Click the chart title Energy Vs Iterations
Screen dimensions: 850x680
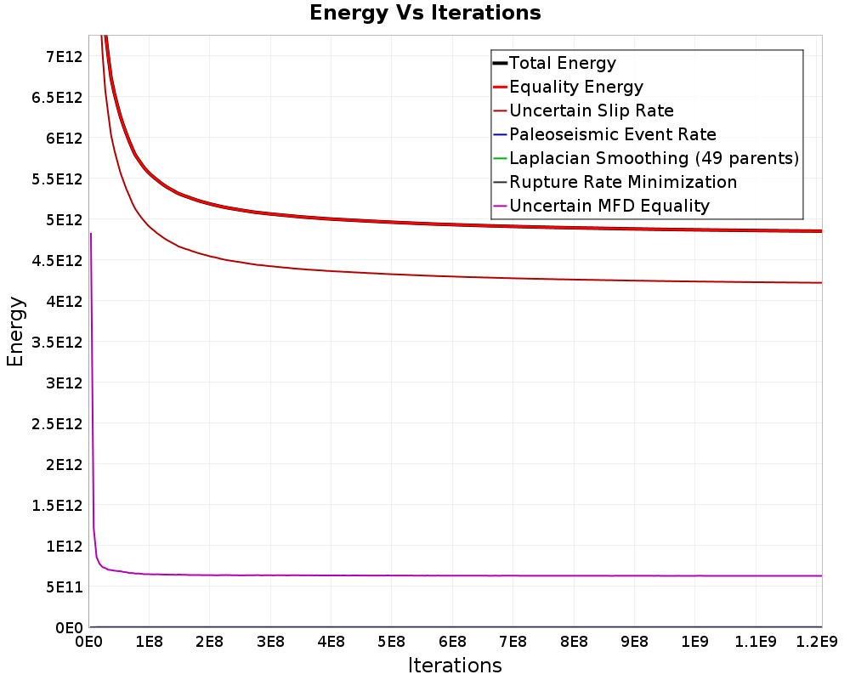pyautogui.click(x=425, y=13)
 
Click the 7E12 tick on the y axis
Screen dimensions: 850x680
pyautogui.click(x=64, y=56)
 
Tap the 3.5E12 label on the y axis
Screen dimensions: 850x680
pyautogui.click(x=57, y=343)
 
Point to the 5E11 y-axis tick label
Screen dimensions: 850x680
pyautogui.click(x=64, y=586)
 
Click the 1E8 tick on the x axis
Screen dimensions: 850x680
pyautogui.click(x=149, y=642)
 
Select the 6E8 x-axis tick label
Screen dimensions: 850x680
pyautogui.click(x=452, y=642)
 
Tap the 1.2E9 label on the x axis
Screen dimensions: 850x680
pyautogui.click(x=816, y=642)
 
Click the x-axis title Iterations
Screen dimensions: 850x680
pyautogui.click(x=455, y=665)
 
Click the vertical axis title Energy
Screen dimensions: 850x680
pyautogui.click(x=15, y=331)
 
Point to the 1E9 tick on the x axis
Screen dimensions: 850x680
pyautogui.click(x=694, y=642)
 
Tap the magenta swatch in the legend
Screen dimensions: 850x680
pyautogui.click(x=500, y=206)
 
